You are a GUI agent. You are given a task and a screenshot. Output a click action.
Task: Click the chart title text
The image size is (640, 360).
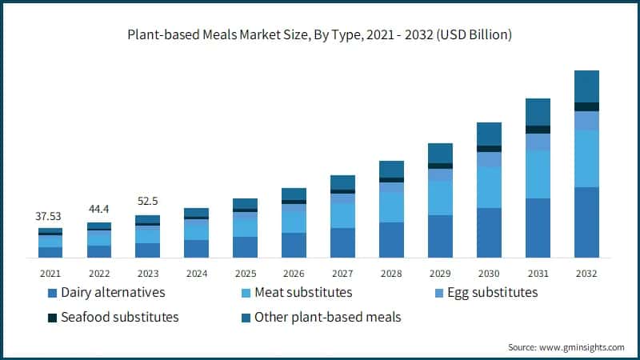click(x=320, y=35)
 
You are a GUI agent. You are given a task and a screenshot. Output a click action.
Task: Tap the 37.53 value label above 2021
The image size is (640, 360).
click(x=50, y=216)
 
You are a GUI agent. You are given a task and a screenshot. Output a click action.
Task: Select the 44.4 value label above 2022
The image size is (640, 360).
click(x=99, y=210)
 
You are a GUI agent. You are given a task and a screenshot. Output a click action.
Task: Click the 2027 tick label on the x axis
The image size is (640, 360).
click(x=342, y=272)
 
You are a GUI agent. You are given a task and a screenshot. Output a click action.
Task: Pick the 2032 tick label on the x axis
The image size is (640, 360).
click(x=586, y=272)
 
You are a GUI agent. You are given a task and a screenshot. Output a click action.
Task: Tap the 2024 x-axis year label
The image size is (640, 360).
click(x=196, y=272)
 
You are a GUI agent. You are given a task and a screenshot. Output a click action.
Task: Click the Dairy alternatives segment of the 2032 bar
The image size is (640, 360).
click(x=586, y=222)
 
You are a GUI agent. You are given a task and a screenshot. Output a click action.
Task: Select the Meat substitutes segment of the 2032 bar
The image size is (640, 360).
click(x=586, y=158)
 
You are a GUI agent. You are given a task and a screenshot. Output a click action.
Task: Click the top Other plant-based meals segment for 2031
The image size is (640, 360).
click(x=538, y=112)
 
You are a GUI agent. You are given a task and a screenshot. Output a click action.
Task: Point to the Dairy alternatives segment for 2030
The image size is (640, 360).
click(x=489, y=233)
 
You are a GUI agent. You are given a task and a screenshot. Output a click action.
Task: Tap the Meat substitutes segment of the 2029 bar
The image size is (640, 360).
click(x=440, y=198)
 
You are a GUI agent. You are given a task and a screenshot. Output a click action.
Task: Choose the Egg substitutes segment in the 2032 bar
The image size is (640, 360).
click(x=586, y=121)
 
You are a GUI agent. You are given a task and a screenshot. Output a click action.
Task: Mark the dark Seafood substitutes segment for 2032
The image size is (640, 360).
click(x=586, y=106)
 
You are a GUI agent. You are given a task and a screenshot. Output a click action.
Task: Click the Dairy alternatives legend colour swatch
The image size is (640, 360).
click(x=53, y=293)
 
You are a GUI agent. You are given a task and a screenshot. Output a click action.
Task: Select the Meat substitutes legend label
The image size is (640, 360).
click(x=303, y=293)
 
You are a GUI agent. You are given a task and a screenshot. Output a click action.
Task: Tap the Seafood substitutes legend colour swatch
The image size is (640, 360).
click(x=53, y=318)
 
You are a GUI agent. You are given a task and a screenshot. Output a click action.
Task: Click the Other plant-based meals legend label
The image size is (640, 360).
click(x=327, y=318)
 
